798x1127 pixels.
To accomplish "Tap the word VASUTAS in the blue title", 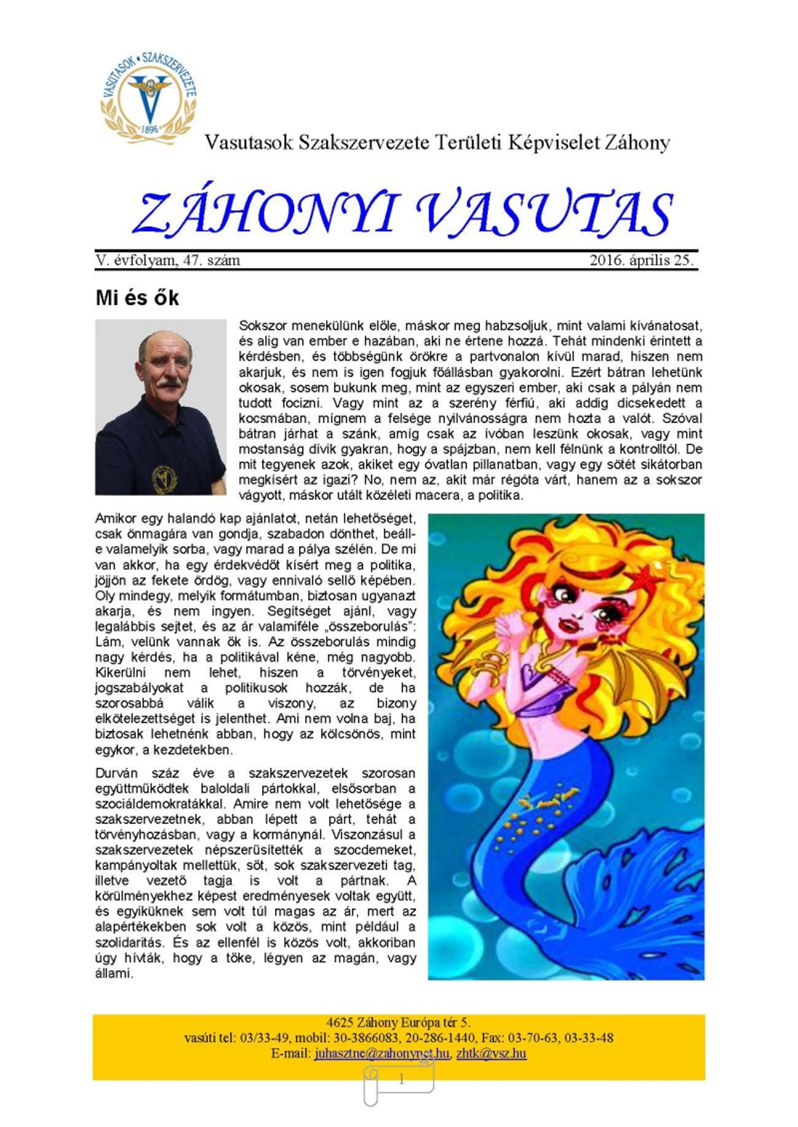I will click(x=544, y=214).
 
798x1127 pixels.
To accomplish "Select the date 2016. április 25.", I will click(x=641, y=260).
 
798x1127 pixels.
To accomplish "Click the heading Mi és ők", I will click(x=137, y=297).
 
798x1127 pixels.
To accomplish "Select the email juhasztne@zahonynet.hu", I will click(x=382, y=1053).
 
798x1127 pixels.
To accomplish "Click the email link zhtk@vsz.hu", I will click(x=491, y=1053).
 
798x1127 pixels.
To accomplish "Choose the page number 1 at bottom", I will click(x=401, y=1080).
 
